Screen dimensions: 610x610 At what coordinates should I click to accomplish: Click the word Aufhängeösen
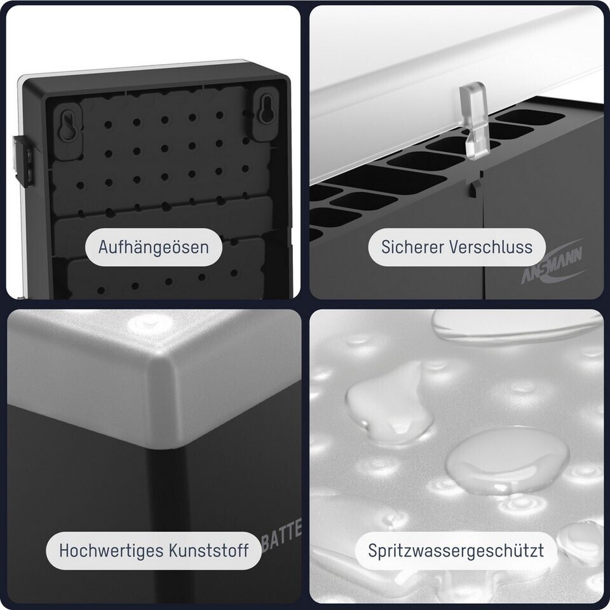click(x=154, y=247)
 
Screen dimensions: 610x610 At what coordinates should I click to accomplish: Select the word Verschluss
click(x=491, y=247)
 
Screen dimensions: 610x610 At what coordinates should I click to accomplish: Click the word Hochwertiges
click(x=111, y=552)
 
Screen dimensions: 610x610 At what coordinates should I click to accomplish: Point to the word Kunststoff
click(x=209, y=551)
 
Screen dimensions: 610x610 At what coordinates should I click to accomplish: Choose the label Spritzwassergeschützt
click(x=456, y=552)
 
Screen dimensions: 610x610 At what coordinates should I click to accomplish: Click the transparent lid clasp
click(x=472, y=120)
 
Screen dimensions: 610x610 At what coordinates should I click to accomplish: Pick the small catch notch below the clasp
click(x=475, y=189)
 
